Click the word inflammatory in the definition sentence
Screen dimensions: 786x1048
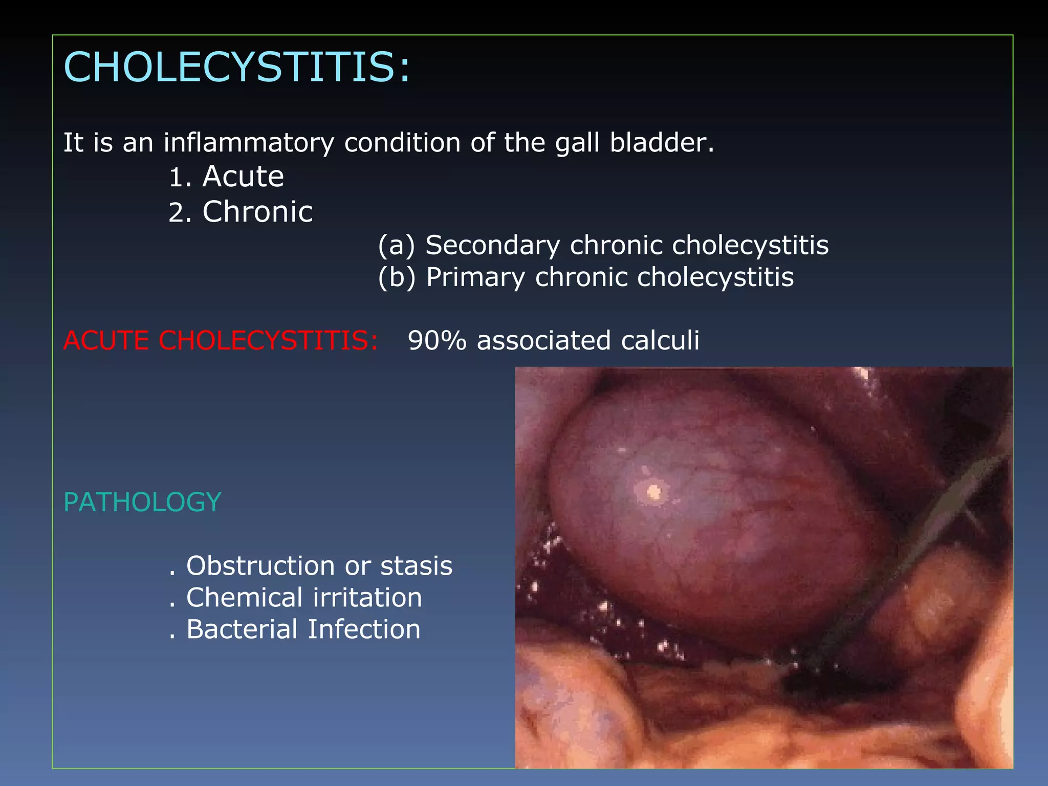click(249, 143)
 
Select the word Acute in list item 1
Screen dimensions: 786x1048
click(243, 177)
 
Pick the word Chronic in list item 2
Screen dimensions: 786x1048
click(257, 212)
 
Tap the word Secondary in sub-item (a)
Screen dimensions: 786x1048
click(493, 245)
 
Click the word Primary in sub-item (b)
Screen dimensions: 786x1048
click(475, 278)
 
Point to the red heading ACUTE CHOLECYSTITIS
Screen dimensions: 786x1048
click(221, 341)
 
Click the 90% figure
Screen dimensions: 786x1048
click(437, 341)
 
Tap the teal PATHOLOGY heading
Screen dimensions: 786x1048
click(142, 503)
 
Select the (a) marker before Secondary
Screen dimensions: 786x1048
click(396, 246)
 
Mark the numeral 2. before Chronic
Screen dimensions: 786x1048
click(180, 213)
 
